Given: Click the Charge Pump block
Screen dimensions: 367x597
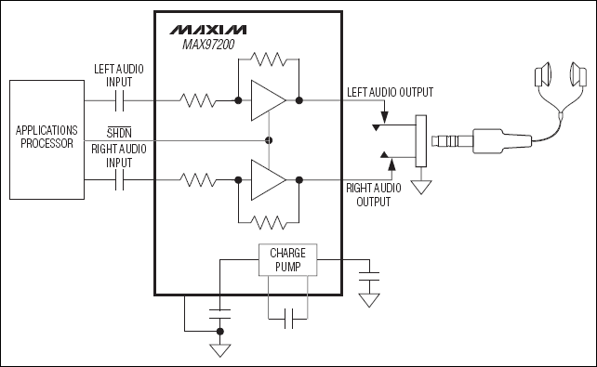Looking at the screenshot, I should [286, 260].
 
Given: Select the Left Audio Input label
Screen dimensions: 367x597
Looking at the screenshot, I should [119, 75].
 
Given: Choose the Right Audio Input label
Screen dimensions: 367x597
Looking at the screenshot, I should [119, 154].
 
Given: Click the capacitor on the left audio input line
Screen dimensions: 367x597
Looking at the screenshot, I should [119, 99].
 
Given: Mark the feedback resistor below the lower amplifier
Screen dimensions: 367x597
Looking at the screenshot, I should [269, 221].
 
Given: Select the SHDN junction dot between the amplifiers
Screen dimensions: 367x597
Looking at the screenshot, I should [269, 139].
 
